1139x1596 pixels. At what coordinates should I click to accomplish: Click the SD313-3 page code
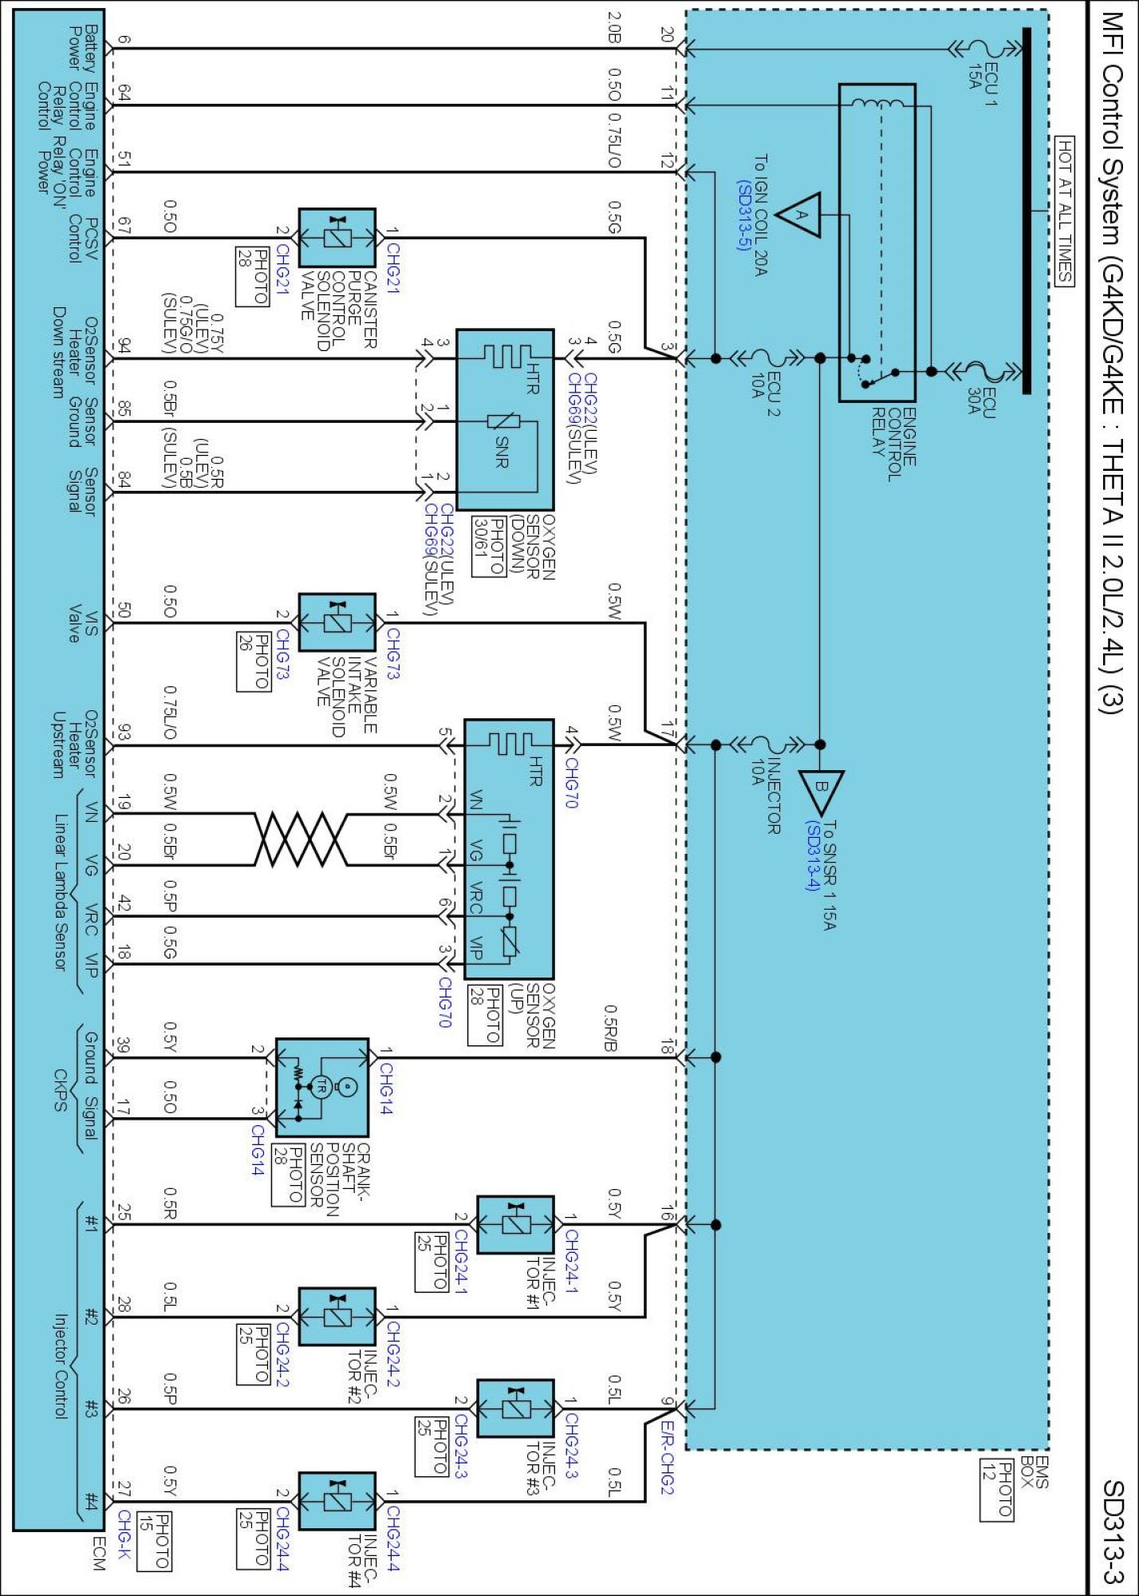(x=1113, y=1531)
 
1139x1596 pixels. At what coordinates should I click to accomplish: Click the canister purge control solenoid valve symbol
(x=337, y=238)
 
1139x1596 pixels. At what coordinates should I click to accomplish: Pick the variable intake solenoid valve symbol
(x=337, y=622)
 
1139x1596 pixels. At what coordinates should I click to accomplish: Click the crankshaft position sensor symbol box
(x=321, y=1087)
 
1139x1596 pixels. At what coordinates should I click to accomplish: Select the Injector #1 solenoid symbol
(x=514, y=1223)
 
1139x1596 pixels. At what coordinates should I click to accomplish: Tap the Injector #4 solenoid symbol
(x=337, y=1501)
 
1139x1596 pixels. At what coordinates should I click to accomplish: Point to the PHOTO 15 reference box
(x=154, y=1540)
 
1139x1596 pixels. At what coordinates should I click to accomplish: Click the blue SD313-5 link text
(x=743, y=215)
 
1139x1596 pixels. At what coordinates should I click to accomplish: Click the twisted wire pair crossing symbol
(x=301, y=839)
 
